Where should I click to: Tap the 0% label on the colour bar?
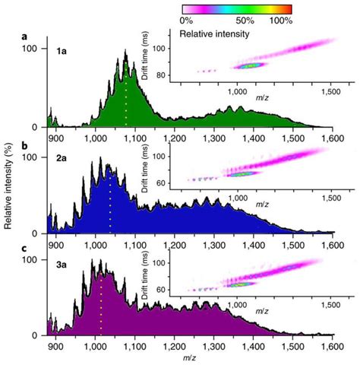190,21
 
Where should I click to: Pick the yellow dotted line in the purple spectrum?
100,304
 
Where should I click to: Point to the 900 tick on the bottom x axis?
55,344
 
